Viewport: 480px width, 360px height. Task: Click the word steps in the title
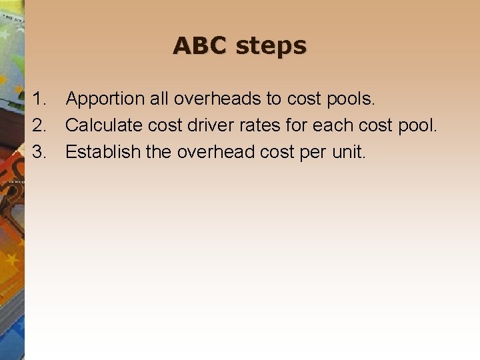coord(271,47)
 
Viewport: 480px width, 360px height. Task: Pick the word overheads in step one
coord(218,99)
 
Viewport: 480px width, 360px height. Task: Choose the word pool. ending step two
coord(417,127)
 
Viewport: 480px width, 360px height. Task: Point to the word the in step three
coord(159,151)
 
